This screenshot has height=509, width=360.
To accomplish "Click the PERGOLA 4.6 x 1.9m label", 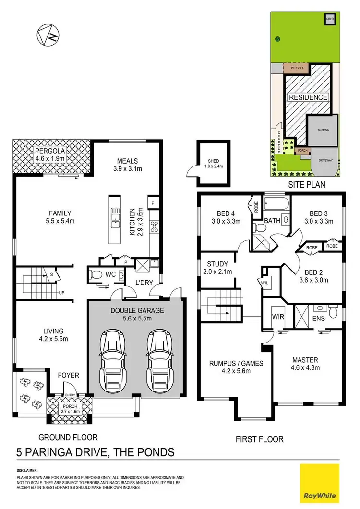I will coord(51,155).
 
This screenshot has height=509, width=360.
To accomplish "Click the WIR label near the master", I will coord(277,317).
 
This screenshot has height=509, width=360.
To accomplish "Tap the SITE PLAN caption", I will coord(306,184).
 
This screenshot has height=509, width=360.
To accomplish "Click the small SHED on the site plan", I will coord(329,19).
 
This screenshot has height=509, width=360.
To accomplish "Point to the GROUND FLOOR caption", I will coord(68,437).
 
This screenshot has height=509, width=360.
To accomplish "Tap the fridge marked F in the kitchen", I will coord(153,202).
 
